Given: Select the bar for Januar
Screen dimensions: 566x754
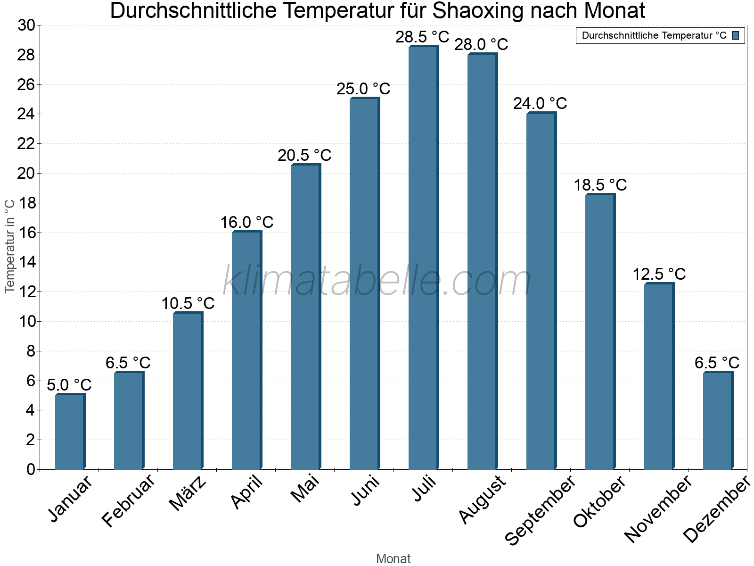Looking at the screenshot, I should pyautogui.click(x=70, y=432).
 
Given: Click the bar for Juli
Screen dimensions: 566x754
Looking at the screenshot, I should pyautogui.click(x=423, y=258).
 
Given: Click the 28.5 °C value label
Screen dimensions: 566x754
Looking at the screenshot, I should pyautogui.click(x=422, y=37).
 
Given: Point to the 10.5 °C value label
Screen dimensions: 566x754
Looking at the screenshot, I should pyautogui.click(x=188, y=304).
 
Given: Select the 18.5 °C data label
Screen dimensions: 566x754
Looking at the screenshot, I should pyautogui.click(x=600, y=185).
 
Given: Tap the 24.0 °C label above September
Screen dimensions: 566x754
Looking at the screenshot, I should pyautogui.click(x=540, y=103).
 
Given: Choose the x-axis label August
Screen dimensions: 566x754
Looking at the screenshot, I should pyautogui.click(x=483, y=499).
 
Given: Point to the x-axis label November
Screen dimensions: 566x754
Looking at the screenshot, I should pyautogui.click(x=658, y=509).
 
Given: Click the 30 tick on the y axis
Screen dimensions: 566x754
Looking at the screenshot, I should pyautogui.click(x=26, y=25).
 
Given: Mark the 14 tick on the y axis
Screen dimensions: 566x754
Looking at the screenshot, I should pyautogui.click(x=26, y=262).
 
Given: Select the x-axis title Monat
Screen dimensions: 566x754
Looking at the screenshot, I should pyautogui.click(x=393, y=558).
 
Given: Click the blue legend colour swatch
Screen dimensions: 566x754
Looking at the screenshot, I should pyautogui.click(x=736, y=35).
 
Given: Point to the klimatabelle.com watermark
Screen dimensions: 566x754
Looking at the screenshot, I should pyautogui.click(x=377, y=281).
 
